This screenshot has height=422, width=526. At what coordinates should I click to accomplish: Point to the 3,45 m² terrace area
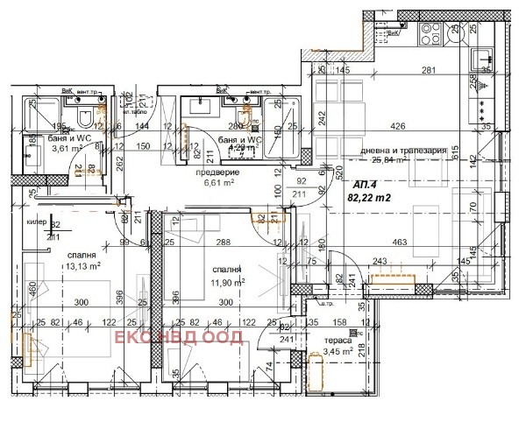[338, 352]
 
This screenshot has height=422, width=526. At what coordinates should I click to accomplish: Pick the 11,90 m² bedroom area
[226, 282]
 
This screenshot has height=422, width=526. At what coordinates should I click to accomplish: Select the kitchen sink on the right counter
[484, 58]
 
